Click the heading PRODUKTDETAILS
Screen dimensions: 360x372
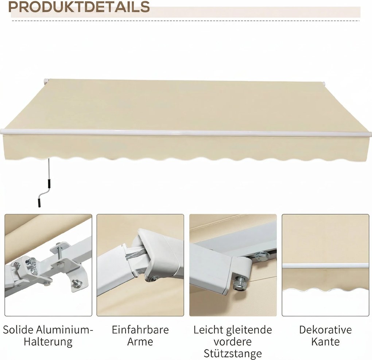[80, 7]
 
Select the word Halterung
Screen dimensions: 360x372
[48, 342]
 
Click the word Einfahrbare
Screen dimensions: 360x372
[140, 330]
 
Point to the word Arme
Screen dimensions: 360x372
[140, 342]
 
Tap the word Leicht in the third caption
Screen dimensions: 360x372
[209, 330]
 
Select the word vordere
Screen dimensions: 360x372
[233, 342]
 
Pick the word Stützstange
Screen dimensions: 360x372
[233, 354]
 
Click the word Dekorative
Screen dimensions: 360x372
[325, 330]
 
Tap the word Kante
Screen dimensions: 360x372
[325, 342]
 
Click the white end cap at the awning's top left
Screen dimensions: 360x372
[45, 81]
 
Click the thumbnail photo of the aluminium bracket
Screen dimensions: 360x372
[48, 265]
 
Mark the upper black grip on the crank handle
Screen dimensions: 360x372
[47, 182]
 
